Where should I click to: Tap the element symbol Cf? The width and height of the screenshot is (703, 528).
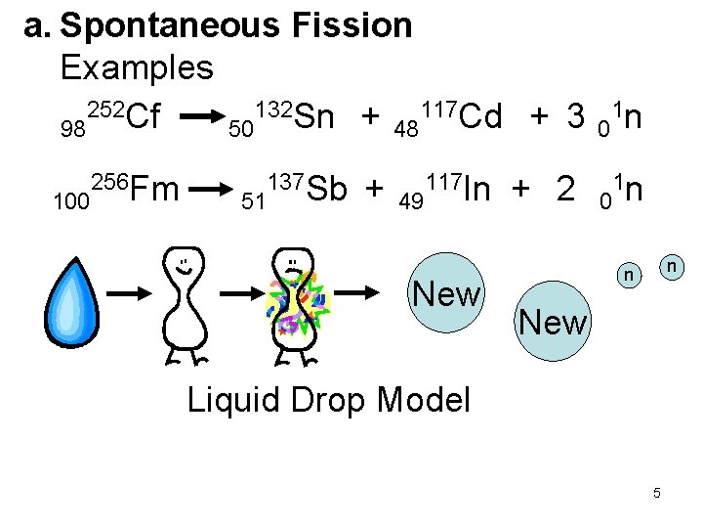pos(144,117)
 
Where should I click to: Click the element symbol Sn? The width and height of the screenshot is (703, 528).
pos(312,117)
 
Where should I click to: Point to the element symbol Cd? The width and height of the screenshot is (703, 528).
pos(480,117)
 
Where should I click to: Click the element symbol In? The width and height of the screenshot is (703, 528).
pos(477,188)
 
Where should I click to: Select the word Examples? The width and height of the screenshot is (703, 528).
pos(136,67)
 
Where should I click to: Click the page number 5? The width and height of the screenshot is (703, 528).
pos(657,493)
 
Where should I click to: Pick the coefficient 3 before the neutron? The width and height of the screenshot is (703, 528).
pos(578,117)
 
